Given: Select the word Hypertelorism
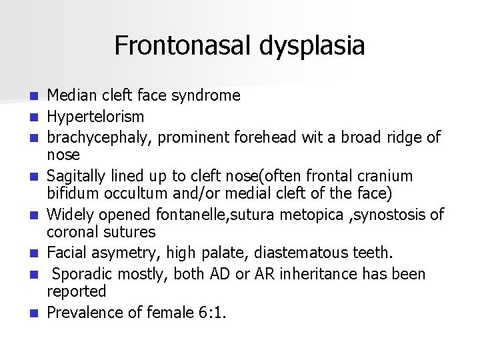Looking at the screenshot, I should point(95,117).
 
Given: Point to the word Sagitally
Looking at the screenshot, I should point(77,177).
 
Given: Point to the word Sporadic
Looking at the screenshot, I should point(81,274).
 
